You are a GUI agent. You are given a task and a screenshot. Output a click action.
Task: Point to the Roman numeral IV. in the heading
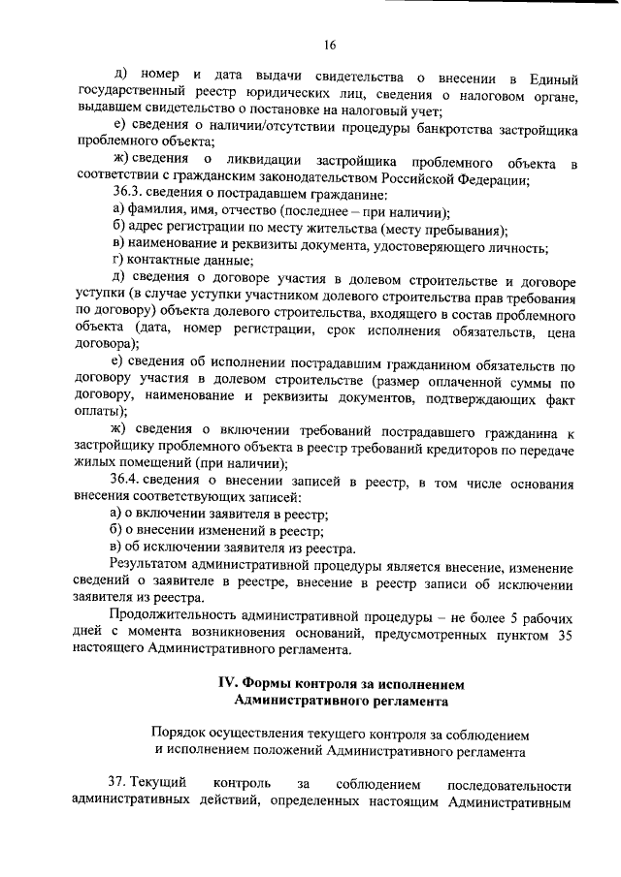point(228,684)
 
